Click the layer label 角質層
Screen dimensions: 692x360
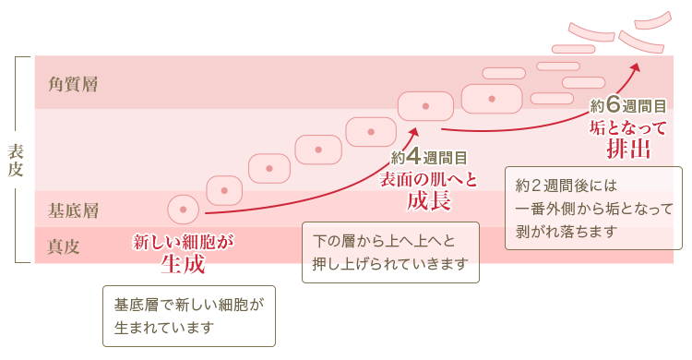73,84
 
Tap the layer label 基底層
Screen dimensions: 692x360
73,210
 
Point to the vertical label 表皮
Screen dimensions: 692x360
16,160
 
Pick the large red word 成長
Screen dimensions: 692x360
429,200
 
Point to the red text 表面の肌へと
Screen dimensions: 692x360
429,179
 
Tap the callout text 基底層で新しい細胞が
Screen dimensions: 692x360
189,304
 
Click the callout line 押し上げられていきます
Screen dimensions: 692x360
391,265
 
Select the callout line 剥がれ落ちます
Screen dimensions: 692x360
565,230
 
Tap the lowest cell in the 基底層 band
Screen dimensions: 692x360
183,210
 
